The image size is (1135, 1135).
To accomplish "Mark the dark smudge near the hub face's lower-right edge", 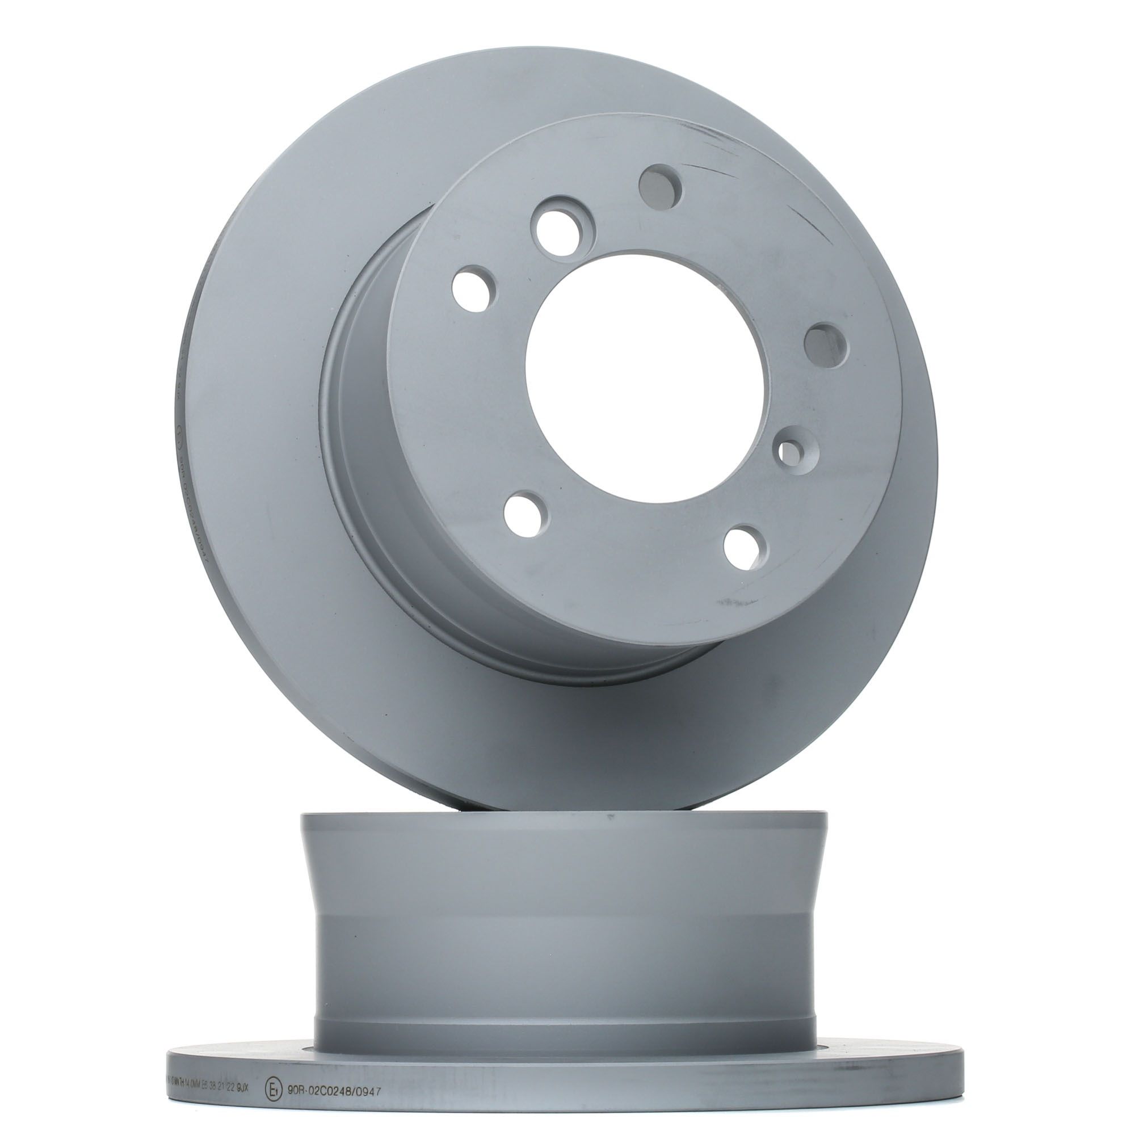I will pyautogui.click(x=729, y=603).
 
